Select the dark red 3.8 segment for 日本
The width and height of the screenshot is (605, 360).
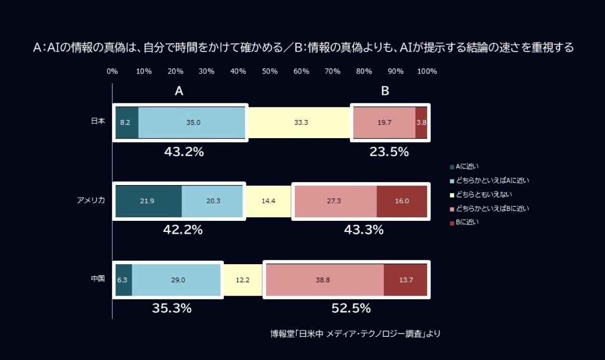tap(421, 123)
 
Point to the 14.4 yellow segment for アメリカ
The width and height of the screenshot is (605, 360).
tap(268, 201)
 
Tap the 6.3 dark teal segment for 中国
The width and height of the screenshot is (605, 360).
tap(124, 280)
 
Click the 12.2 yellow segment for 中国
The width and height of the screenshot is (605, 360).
tap(243, 280)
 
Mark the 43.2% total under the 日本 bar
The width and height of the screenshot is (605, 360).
tap(184, 152)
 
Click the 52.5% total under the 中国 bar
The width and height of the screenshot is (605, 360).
tap(351, 308)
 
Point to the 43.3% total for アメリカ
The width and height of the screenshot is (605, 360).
tap(364, 230)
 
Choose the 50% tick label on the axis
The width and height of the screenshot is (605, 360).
tap(270, 71)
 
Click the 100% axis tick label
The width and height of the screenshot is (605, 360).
tap(427, 71)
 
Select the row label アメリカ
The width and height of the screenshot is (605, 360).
tap(91, 200)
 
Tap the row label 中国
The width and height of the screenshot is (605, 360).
tap(98, 278)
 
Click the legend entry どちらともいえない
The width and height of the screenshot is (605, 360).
tap(481, 195)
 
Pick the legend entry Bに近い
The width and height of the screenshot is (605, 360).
tap(464, 222)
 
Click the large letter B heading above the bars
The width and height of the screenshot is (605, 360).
tap(385, 91)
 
